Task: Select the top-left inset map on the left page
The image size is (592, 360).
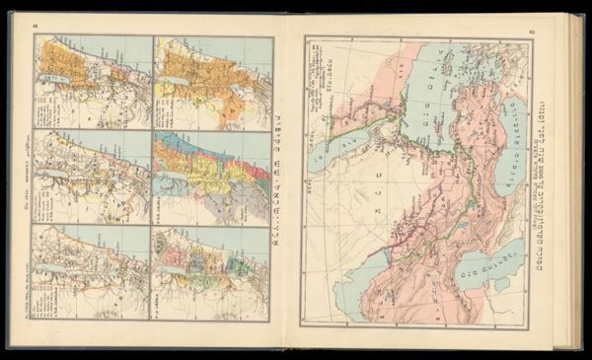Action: point(92,83)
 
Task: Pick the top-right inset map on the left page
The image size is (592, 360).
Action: point(212,83)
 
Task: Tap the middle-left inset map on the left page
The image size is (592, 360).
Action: point(92,177)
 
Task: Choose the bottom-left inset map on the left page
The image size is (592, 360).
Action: point(92,271)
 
